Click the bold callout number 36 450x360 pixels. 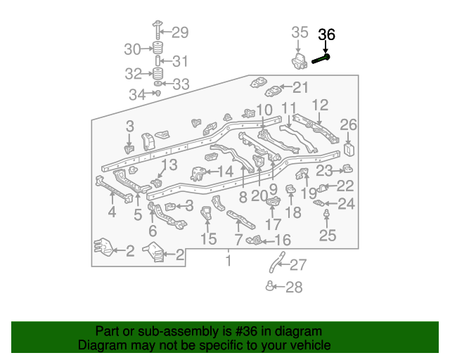(328, 34)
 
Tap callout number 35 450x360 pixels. (300, 32)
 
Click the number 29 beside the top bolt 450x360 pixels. (180, 32)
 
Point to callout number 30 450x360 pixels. (133, 49)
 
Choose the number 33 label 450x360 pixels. (181, 84)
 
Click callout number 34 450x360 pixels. (136, 94)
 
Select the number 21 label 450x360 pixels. (300, 87)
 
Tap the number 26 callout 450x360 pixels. (349, 125)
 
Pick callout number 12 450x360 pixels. (320, 105)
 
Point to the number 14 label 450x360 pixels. (225, 171)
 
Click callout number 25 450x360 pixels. (328, 236)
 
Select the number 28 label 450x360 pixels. (293, 287)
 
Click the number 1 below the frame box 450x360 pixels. (227, 262)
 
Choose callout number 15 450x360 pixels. (208, 239)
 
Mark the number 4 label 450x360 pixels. (112, 212)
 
